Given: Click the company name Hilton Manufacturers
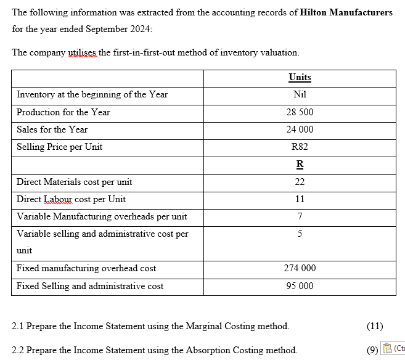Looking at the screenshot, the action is pos(346,12).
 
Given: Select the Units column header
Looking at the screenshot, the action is pos(300,77).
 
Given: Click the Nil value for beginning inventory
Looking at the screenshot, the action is pos(300,94).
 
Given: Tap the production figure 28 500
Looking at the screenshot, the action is pos(300,112).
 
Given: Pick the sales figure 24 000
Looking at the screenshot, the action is pos(300,129).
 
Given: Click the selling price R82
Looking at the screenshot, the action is pos(300,147).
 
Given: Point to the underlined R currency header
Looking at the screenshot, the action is pos(300,165).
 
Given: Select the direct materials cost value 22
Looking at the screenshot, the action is pos(300,182).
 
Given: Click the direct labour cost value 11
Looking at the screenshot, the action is pos(300,199).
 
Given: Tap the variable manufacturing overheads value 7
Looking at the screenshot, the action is pos(300,216).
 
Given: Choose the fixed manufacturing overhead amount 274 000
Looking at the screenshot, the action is pos(300,268).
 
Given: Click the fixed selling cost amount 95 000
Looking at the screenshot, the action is pos(300,286).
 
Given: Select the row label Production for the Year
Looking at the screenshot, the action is pos(63,112).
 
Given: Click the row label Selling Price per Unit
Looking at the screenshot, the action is pos(59,147).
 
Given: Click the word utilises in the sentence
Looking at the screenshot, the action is pos(82,52).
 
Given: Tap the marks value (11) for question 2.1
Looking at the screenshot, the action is pos(374,325).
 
